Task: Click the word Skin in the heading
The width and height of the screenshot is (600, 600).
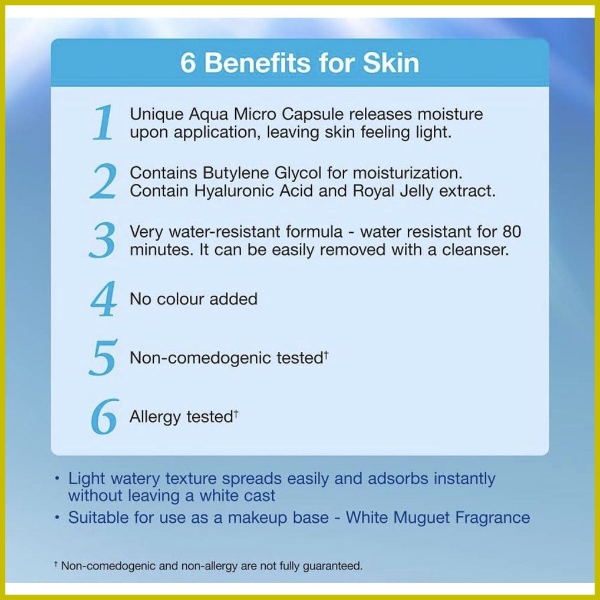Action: [391, 62]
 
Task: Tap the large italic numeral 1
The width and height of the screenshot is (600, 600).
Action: [103, 123]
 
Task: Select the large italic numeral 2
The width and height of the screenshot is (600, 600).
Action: [103, 181]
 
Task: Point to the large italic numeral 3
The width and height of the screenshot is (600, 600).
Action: [102, 240]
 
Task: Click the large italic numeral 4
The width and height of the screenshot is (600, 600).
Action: [103, 299]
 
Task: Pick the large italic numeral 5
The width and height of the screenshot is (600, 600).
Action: [103, 357]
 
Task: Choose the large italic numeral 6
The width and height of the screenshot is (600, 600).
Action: [104, 416]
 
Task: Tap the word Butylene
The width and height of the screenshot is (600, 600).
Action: [236, 173]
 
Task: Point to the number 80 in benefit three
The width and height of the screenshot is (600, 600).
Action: [512, 232]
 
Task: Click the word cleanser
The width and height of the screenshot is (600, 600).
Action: [476, 250]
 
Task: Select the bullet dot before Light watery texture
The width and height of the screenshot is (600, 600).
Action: [57, 479]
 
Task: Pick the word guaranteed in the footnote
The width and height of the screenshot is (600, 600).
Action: [332, 566]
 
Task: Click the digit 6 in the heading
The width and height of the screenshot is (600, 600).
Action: [188, 62]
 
